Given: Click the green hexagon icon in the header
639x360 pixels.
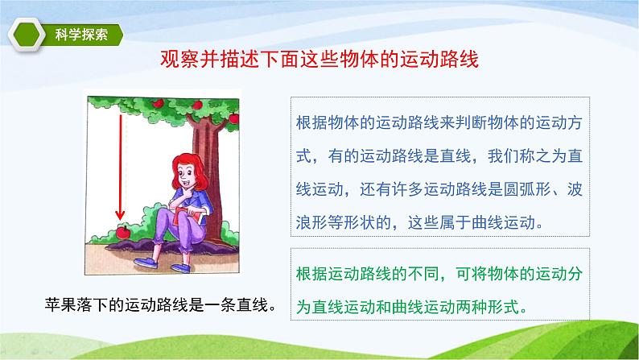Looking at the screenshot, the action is pyautogui.click(x=27, y=35).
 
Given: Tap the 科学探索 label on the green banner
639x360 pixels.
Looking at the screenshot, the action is pyautogui.click(x=81, y=35).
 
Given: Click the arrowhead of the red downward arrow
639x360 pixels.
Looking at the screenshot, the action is pyautogui.click(x=120, y=214).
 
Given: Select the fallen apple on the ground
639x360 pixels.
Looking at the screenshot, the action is pyautogui.click(x=122, y=232).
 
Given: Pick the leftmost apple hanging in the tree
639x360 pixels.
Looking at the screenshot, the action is pyautogui.click(x=158, y=103).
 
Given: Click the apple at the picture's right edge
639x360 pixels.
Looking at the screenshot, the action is pyautogui.click(x=234, y=118).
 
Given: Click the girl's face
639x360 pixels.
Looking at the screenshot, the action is pyautogui.click(x=188, y=176).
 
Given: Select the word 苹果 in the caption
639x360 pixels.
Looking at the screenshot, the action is pyautogui.click(x=60, y=304).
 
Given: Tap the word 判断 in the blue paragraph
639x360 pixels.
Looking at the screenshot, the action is pyautogui.click(x=471, y=122).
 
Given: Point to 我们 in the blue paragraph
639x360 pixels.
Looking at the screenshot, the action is pyautogui.click(x=504, y=156).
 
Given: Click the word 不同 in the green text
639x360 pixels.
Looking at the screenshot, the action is pyautogui.click(x=423, y=274).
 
